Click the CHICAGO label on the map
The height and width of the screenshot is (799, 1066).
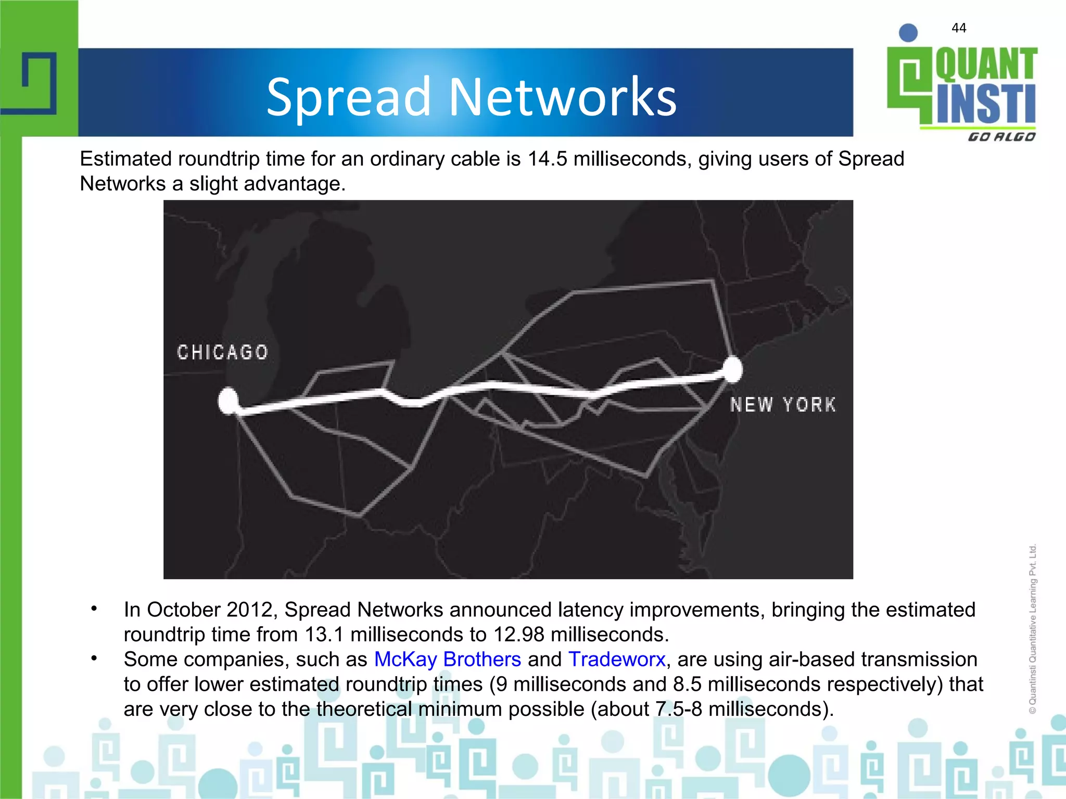[x=223, y=352]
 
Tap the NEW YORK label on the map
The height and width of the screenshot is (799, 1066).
[x=783, y=405]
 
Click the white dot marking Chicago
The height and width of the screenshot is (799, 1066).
[x=228, y=401]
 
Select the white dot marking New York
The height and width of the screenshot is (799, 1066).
[x=733, y=369]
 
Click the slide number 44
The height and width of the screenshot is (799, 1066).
[x=959, y=28]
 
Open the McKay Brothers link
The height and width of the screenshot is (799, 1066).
[x=448, y=659]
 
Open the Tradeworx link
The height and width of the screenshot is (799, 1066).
[x=617, y=659]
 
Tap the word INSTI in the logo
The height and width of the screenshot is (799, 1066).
[x=986, y=104]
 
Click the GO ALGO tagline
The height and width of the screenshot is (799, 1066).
[x=1001, y=137]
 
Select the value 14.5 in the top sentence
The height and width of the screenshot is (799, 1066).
[x=547, y=159]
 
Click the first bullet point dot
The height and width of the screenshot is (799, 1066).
[x=94, y=609]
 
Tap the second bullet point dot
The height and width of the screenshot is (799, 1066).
[x=94, y=659]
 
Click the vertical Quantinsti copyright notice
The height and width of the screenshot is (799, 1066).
[x=1033, y=629]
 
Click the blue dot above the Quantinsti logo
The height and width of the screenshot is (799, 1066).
[x=908, y=33]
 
